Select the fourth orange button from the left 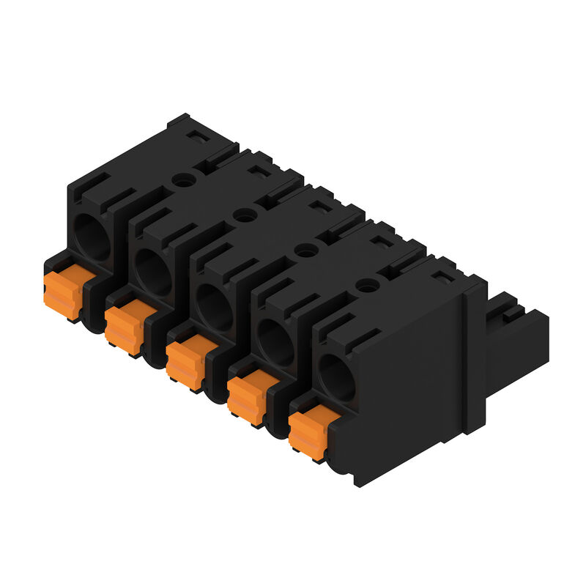(x=251, y=396)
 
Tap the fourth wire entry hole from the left (x=275, y=341)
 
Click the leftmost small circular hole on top (x=181, y=179)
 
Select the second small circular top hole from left (x=242, y=215)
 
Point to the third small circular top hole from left (x=303, y=251)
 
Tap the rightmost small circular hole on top (x=364, y=286)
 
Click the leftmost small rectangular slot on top (x=197, y=136)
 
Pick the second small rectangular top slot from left (x=258, y=171)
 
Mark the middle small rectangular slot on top (x=319, y=207)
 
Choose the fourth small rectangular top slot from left (x=379, y=242)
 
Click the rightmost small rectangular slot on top (x=440, y=277)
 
